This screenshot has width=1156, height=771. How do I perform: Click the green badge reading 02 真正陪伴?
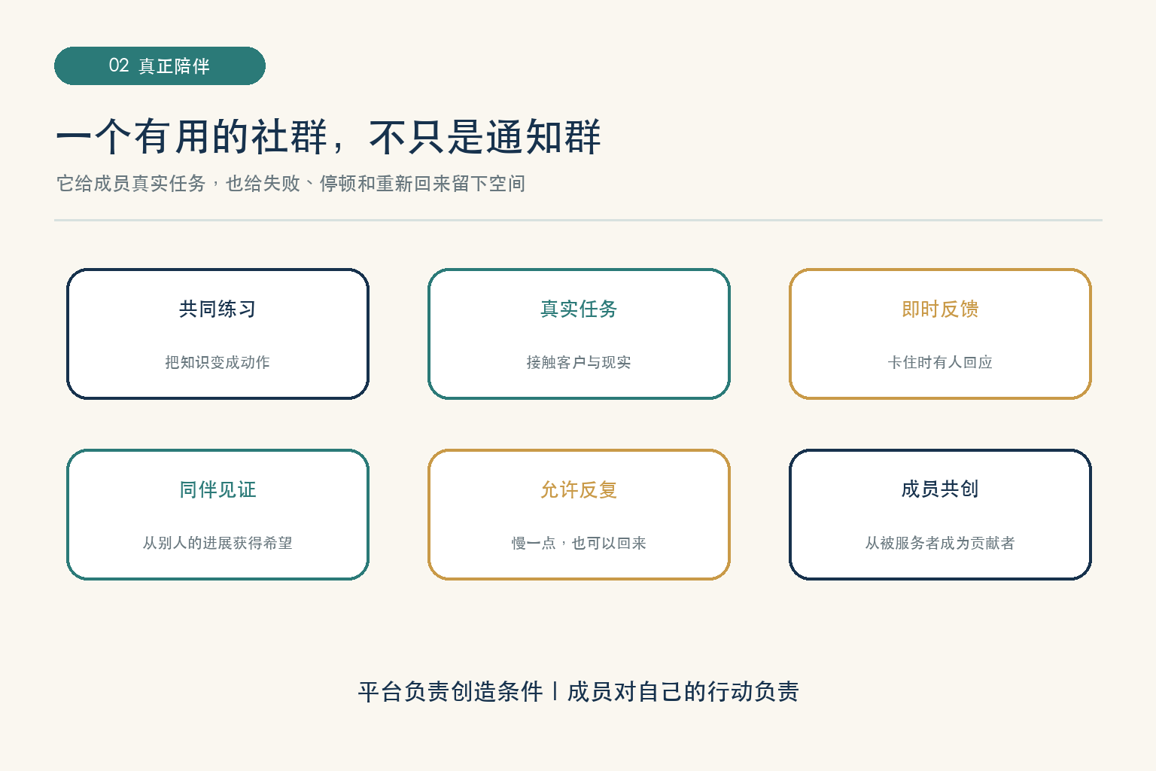point(160,66)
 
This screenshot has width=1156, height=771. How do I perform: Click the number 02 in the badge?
point(119,66)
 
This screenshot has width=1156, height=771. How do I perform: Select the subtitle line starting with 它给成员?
point(291,183)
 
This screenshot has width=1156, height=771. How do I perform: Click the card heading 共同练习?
point(218,309)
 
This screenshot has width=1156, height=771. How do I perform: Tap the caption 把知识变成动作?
point(218,362)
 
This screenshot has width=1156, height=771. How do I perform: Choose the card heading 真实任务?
point(579,309)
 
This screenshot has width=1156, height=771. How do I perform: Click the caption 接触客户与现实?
point(579,362)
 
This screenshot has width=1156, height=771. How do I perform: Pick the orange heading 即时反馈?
point(940,309)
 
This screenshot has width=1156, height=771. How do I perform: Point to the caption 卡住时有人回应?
point(940,362)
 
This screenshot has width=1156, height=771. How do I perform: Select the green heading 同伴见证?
point(218,489)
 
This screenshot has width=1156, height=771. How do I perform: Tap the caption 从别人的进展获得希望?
point(218,543)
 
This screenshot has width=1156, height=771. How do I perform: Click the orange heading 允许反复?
point(579,489)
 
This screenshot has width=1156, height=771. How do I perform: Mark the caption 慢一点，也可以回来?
point(579,543)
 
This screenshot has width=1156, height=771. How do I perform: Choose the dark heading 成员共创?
point(940,489)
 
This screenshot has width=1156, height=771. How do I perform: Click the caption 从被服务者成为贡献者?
point(940,543)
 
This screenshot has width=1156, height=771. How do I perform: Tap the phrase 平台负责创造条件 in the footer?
point(451,691)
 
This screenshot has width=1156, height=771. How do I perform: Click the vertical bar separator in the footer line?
point(555,691)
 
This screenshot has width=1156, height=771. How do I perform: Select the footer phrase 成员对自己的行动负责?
point(683,691)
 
